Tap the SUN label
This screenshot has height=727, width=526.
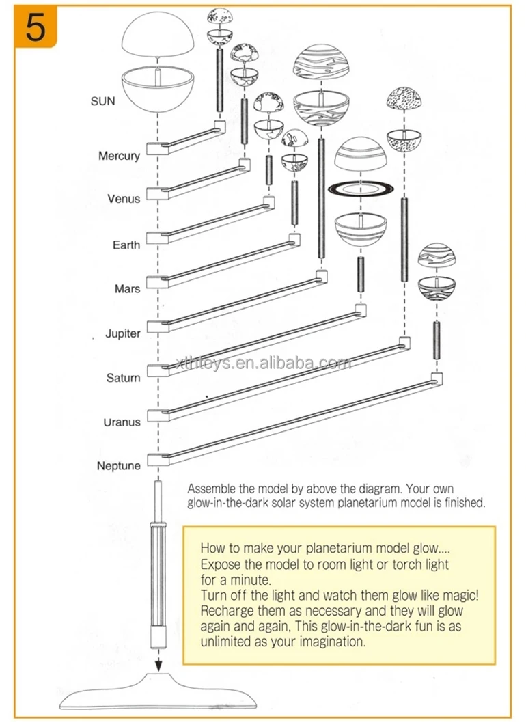click(x=103, y=101)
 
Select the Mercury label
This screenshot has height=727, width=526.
click(x=119, y=156)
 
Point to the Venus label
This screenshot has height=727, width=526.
click(x=124, y=199)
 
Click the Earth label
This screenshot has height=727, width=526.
click(x=126, y=245)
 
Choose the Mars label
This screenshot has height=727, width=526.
click(x=128, y=289)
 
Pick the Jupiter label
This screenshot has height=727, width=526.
click(x=123, y=333)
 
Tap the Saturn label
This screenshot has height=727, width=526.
click(x=123, y=378)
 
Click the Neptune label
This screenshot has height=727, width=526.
click(x=119, y=466)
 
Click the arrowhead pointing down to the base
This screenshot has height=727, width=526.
click(x=157, y=665)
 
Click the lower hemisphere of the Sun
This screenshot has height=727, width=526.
click(x=158, y=92)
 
